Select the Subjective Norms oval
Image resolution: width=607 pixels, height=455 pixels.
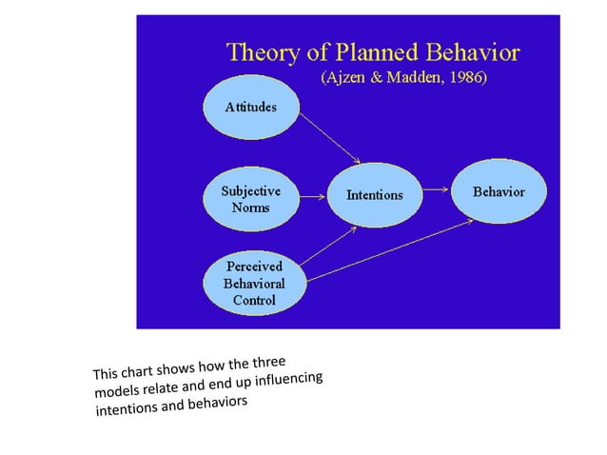[x=251, y=199]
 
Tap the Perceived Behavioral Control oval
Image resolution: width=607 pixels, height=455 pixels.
[x=253, y=284]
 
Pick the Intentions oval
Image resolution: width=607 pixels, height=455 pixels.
[x=374, y=195]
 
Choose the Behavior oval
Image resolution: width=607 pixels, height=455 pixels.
[x=499, y=192]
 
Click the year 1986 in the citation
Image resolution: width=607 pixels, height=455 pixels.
[x=461, y=78]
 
